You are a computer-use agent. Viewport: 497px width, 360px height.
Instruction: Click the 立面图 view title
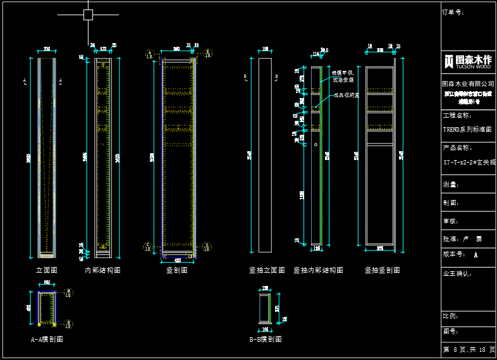click(46, 270)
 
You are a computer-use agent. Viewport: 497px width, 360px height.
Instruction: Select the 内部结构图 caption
click(102, 270)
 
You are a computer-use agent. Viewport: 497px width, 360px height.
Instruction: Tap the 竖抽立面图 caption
click(267, 270)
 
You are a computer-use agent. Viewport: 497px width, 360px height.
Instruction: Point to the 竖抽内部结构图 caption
click(318, 270)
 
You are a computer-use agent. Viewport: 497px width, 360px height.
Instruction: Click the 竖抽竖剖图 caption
click(382, 270)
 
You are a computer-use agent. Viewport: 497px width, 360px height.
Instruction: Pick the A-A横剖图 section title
click(47, 339)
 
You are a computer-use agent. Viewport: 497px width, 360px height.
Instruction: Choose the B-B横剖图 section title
click(266, 339)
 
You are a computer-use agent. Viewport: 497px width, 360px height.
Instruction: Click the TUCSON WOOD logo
click(468, 61)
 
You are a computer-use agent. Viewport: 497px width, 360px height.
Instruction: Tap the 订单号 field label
click(453, 12)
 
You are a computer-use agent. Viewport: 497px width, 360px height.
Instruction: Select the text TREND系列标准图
click(467, 129)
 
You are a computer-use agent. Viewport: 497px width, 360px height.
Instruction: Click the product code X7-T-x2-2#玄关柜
click(469, 163)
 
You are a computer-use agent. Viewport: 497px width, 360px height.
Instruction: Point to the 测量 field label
click(450, 185)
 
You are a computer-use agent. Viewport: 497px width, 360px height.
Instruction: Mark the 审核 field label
click(450, 221)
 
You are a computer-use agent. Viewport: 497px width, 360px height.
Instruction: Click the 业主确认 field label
click(457, 274)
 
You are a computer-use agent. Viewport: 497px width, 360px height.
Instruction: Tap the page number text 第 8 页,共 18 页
click(468, 350)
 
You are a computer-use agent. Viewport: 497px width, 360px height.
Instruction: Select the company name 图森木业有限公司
click(468, 84)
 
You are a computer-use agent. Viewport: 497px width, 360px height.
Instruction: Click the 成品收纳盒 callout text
click(347, 96)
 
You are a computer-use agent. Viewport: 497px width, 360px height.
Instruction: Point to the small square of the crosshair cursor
click(88, 15)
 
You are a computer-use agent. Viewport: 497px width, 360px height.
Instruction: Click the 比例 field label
click(450, 315)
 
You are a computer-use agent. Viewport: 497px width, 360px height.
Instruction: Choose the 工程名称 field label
click(457, 116)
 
